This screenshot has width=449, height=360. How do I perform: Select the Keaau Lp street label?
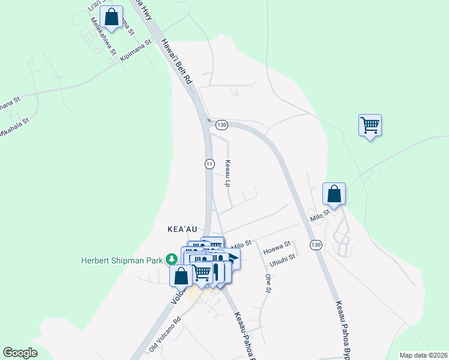pos(228,173)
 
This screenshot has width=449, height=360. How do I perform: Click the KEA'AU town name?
pos(182,229)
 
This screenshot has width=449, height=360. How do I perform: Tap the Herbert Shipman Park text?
pos(123,260)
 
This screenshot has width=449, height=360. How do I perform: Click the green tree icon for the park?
pos(172,259)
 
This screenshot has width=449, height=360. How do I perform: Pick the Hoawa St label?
pos(277,244)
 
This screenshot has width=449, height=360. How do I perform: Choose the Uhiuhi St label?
pos(282,257)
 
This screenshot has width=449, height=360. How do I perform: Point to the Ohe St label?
pos(268,284)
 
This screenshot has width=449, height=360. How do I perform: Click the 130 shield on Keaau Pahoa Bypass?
pos(315,245)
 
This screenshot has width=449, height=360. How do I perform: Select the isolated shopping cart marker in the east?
pos(370,126)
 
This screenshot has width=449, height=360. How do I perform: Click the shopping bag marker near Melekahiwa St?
pos(112,17)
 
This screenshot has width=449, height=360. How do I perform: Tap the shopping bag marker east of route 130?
pos(334,194)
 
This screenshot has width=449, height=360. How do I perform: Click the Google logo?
pos(20,353)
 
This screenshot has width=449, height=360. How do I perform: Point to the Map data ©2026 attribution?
pos(423,355)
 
